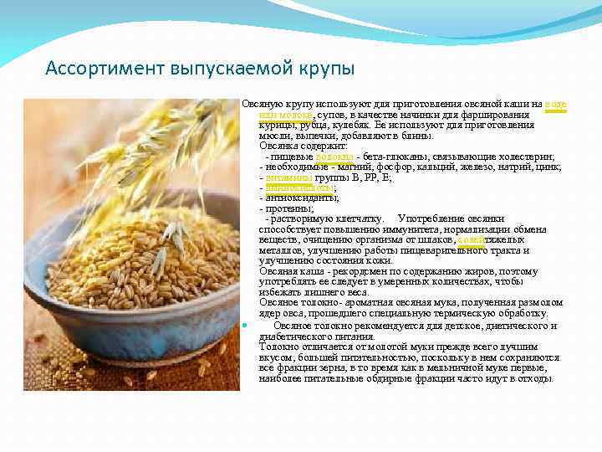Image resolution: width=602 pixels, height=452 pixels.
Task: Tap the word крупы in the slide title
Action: (x=326, y=67)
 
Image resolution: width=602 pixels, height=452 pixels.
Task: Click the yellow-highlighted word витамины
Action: (x=290, y=177)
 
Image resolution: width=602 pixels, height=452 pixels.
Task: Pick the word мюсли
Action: (x=273, y=136)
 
